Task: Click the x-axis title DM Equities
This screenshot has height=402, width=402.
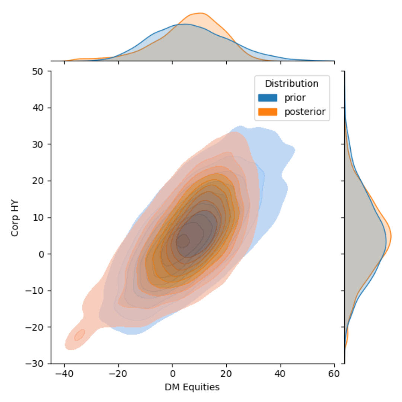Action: (x=192, y=387)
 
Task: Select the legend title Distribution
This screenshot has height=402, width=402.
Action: (x=291, y=84)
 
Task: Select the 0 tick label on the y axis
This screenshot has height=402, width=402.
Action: (x=42, y=254)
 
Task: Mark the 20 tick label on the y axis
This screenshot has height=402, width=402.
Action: (x=40, y=181)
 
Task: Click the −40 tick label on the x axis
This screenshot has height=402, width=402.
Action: (x=64, y=373)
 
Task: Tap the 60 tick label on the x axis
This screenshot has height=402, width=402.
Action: (x=334, y=373)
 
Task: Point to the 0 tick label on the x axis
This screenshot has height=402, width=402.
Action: (x=172, y=373)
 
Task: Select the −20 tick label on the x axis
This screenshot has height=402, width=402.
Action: (x=118, y=373)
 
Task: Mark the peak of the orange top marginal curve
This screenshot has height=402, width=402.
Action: (x=200, y=13)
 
